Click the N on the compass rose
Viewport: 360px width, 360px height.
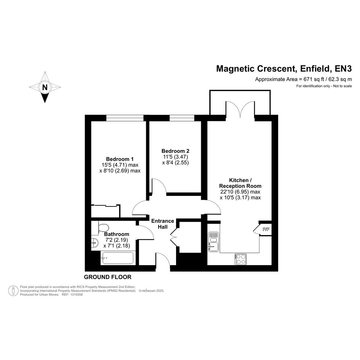[x=45, y=88]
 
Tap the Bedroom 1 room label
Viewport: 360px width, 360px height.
[x=120, y=159]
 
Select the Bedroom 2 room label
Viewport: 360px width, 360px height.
[x=175, y=151]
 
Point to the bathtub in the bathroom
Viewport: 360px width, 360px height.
[x=117, y=258]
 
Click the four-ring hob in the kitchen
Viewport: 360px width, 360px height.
[x=240, y=259]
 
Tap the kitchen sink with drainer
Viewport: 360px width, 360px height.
[x=214, y=242]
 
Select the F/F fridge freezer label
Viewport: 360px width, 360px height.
[x=266, y=229]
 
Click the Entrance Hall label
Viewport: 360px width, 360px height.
[x=163, y=224]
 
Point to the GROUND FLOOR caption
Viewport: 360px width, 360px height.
[x=108, y=277]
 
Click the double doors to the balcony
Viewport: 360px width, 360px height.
[x=240, y=109]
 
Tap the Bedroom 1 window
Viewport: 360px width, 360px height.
[x=125, y=118]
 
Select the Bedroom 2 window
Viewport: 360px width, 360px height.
[x=182, y=118]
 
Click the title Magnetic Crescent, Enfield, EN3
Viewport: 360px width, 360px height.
[x=284, y=69]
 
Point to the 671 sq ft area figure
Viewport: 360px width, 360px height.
[x=314, y=80]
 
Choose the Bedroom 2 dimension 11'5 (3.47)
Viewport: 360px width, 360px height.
[x=176, y=157]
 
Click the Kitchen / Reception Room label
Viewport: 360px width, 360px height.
[x=240, y=183]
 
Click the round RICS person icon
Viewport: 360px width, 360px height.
[x=13, y=291]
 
